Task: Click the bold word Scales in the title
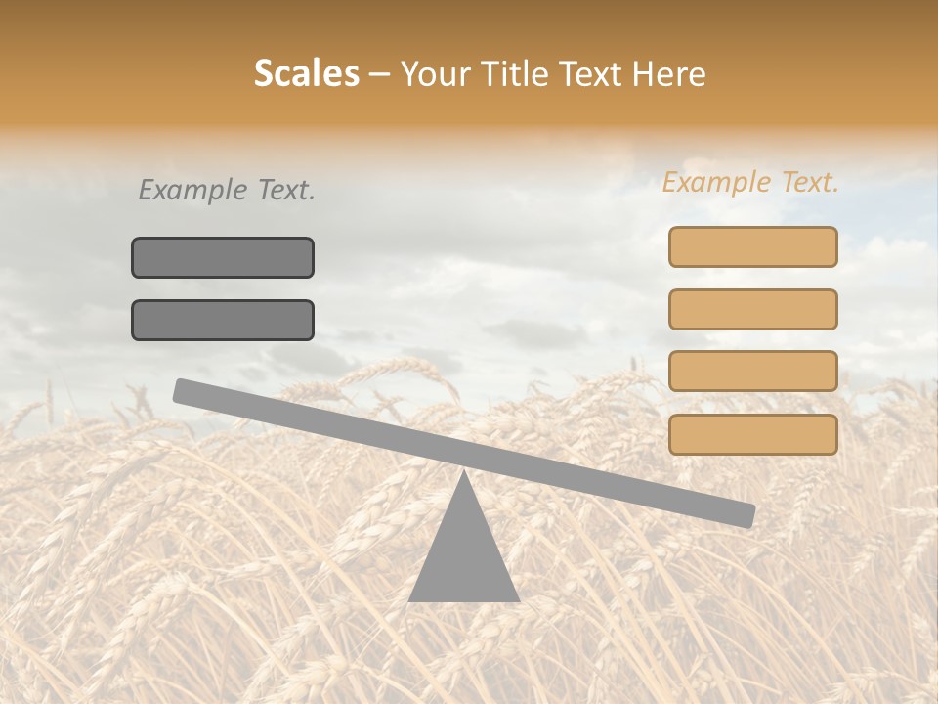coord(306,74)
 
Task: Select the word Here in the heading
coord(669,74)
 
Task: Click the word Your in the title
coord(435,74)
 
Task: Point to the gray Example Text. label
coord(227,191)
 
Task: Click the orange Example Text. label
coord(750,183)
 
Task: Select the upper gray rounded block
coord(223,257)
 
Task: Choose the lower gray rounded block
coord(223,320)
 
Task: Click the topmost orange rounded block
coord(752,246)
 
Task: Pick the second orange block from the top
coord(752,309)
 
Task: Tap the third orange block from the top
coord(752,372)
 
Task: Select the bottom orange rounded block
coord(752,434)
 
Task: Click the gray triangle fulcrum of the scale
coord(463,557)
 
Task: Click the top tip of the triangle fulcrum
coord(463,475)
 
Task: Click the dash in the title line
coord(380,75)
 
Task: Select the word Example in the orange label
coord(716,183)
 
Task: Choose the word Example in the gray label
coord(192,191)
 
